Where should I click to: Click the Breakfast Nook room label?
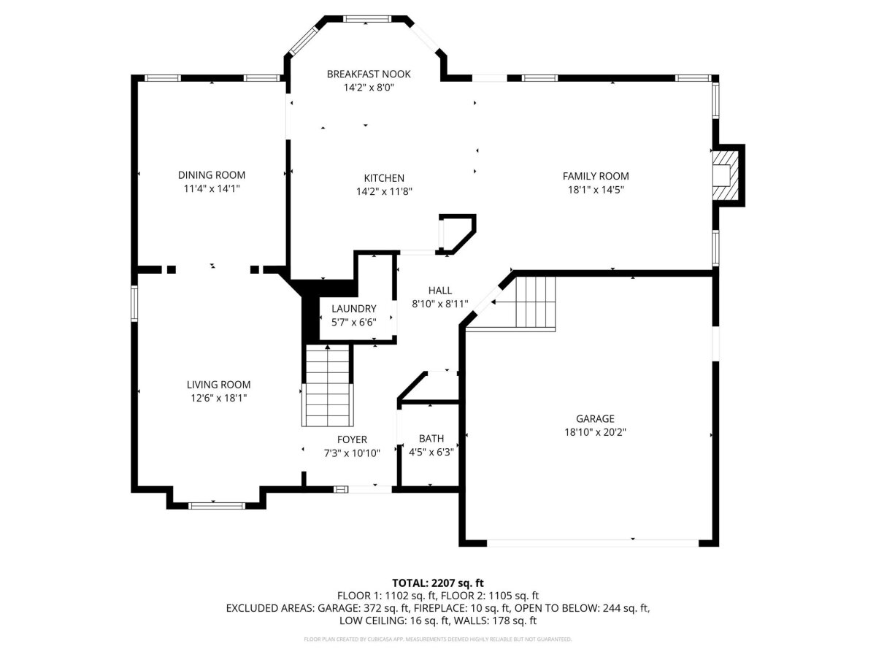click(x=369, y=74)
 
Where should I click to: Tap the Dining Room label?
click(x=212, y=175)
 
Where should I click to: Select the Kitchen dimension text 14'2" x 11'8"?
click(x=384, y=192)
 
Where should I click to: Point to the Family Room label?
click(x=596, y=177)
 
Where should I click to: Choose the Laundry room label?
click(x=353, y=309)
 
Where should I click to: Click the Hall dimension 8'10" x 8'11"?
click(x=439, y=304)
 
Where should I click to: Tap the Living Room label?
click(x=219, y=385)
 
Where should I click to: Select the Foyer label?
click(x=352, y=439)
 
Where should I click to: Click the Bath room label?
click(x=431, y=439)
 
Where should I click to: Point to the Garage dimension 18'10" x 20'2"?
click(x=596, y=432)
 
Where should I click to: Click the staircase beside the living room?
click(x=327, y=385)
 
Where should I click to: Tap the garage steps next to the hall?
click(x=535, y=302)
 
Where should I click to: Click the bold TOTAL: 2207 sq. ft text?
click(x=438, y=583)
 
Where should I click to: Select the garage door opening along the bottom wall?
click(x=593, y=543)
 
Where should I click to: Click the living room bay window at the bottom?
click(x=216, y=506)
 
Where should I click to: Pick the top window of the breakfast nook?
click(x=368, y=19)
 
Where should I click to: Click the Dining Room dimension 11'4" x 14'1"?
click(x=212, y=188)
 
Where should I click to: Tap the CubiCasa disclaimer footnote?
click(x=438, y=639)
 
